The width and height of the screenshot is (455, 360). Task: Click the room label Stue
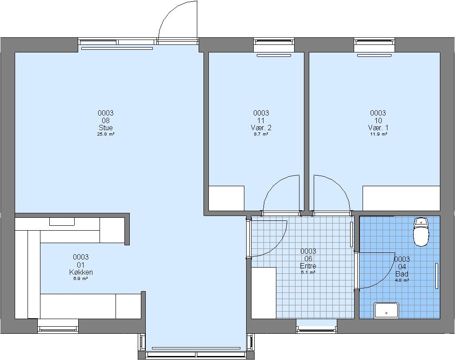[106, 128]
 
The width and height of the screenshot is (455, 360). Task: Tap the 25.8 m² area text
[106, 134]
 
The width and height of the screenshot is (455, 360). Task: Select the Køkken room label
[81, 272]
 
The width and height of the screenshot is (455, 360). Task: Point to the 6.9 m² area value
[81, 278]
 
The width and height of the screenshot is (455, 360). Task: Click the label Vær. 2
[261, 128]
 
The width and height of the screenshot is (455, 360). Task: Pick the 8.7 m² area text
[261, 134]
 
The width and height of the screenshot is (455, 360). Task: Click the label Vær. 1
[378, 128]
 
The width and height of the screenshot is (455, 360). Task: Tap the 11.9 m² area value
[378, 134]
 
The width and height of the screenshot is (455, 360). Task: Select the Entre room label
[308, 266]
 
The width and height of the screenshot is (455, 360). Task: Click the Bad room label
[402, 274]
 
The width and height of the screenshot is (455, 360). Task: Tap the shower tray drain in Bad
[386, 313]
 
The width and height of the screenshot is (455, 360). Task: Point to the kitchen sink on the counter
[61, 221]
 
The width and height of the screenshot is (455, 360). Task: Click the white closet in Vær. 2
[226, 198]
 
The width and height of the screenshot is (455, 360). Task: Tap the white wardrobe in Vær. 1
[401, 198]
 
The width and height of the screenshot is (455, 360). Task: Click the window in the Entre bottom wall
[316, 327]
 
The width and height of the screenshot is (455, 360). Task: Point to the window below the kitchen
[58, 326]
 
